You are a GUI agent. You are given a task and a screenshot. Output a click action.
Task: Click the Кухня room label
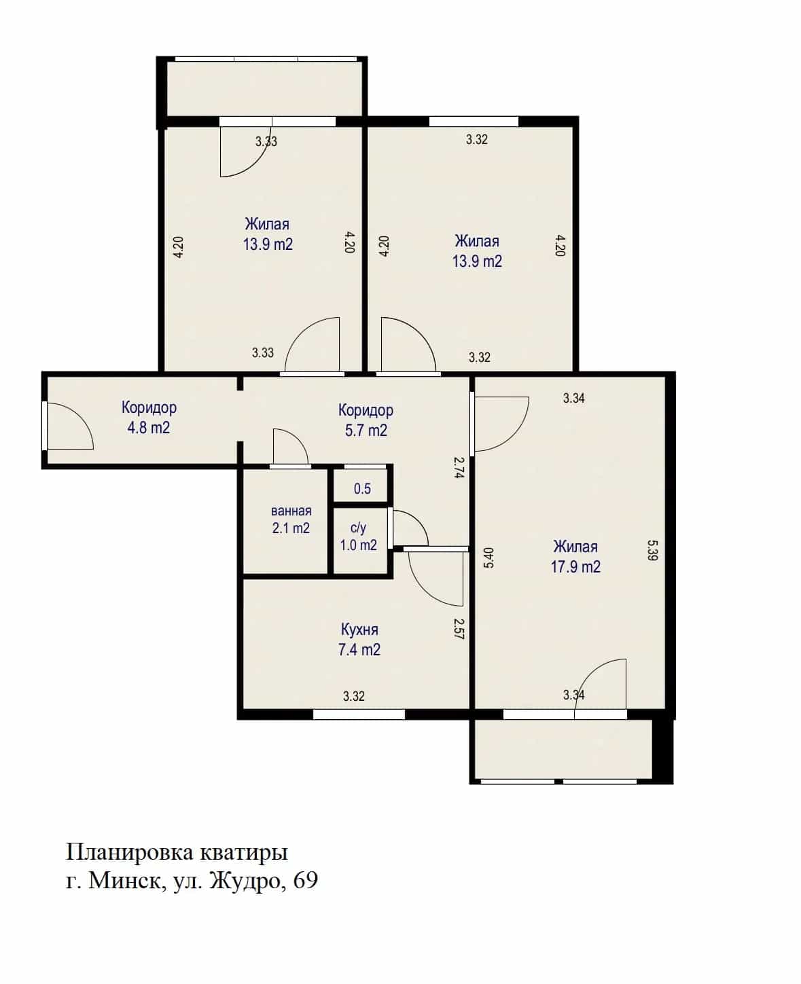[x=359, y=630]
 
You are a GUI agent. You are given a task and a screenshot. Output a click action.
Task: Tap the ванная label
[x=291, y=511]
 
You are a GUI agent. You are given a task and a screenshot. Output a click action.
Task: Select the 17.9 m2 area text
[x=575, y=567]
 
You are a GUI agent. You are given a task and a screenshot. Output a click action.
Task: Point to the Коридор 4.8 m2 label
[x=149, y=417]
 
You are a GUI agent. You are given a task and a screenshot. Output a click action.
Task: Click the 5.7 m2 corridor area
[x=366, y=431]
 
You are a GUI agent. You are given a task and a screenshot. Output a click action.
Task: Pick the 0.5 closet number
[x=362, y=489]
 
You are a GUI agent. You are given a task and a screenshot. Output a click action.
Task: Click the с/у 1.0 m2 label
[x=359, y=536]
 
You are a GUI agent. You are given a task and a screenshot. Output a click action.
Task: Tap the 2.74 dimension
[x=459, y=467]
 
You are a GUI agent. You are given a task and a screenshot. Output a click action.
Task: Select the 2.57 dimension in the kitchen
[x=459, y=629]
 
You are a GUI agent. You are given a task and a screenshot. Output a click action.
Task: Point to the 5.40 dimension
[x=489, y=558]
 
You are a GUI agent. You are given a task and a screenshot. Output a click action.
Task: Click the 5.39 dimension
[x=652, y=551]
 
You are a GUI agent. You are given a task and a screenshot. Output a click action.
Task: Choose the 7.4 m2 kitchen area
[x=359, y=650]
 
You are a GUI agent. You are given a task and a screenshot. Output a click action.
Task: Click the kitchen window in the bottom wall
[x=359, y=714]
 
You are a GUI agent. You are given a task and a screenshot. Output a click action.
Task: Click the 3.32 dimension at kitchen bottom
[x=354, y=696]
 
